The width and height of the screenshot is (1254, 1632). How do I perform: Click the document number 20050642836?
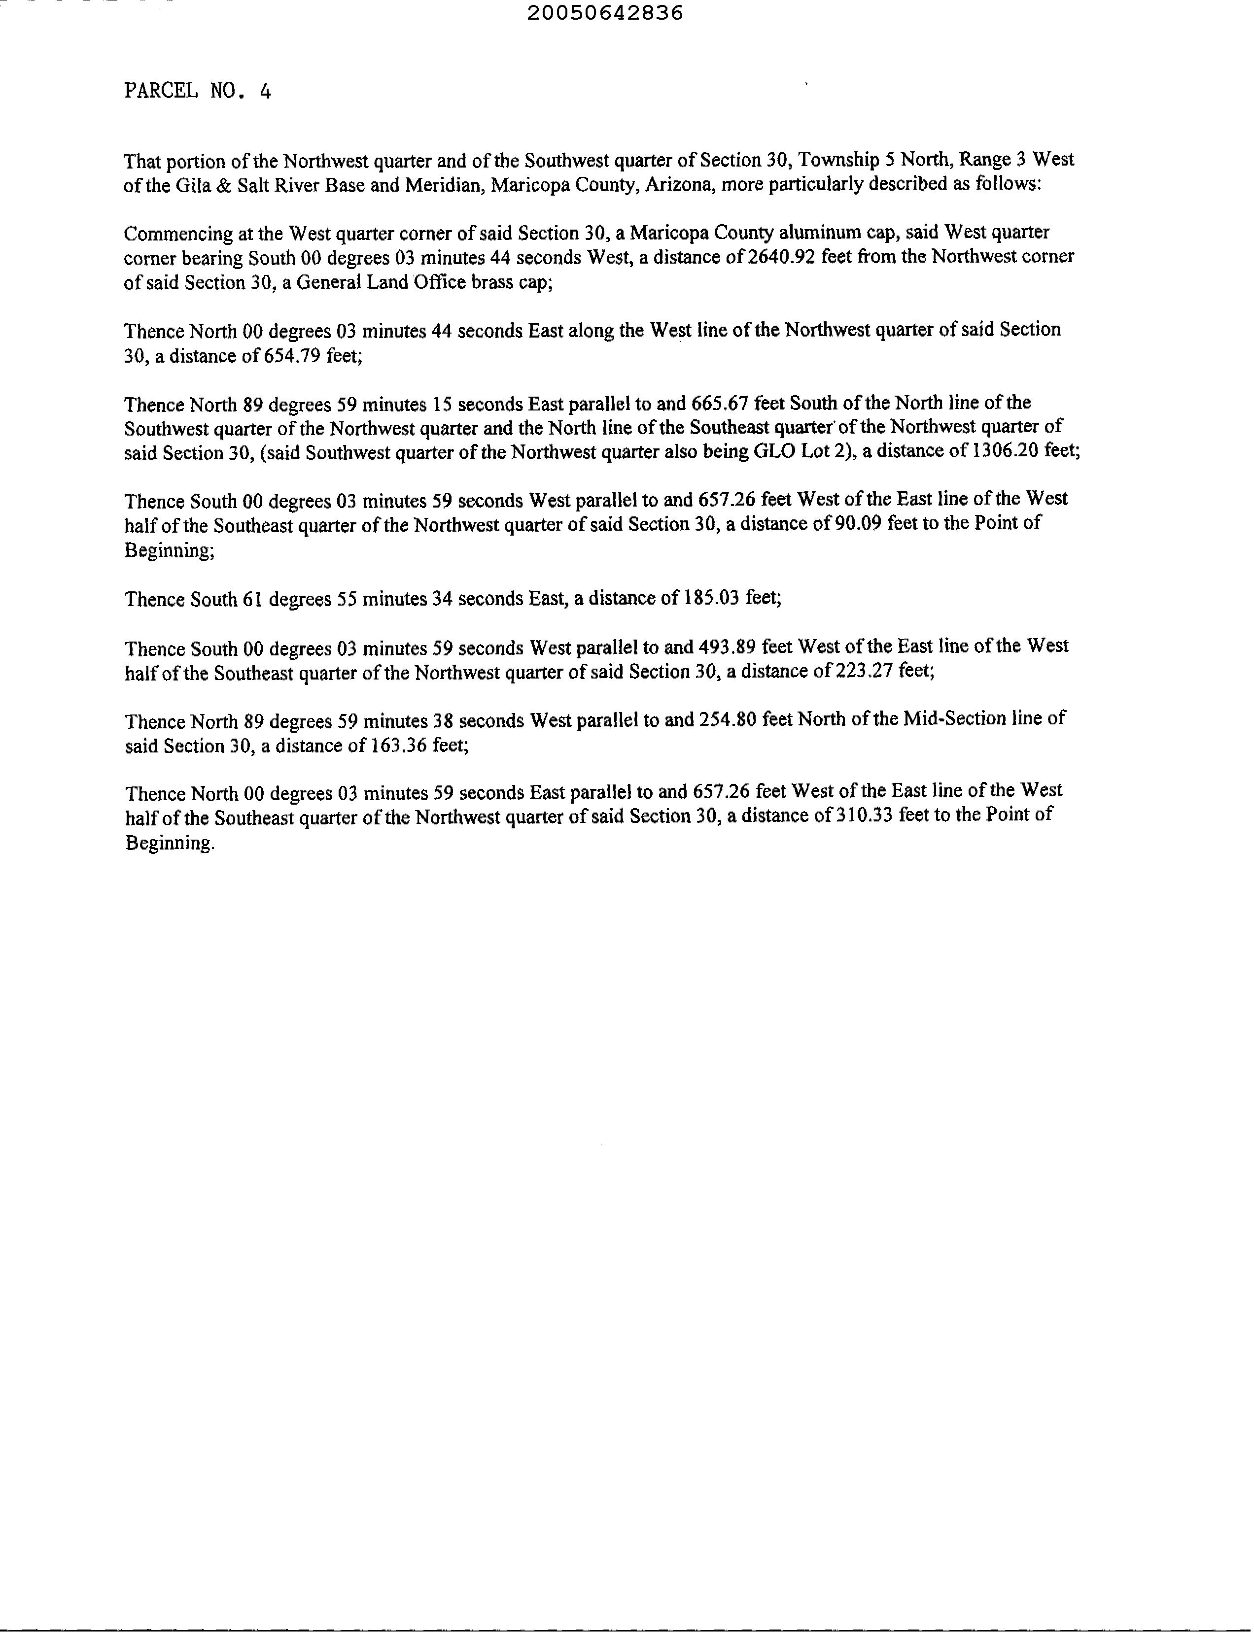605,13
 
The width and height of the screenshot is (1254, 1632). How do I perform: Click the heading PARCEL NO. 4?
197,91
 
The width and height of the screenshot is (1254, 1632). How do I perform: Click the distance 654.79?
292,356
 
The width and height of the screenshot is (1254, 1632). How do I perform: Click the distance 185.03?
706,599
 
